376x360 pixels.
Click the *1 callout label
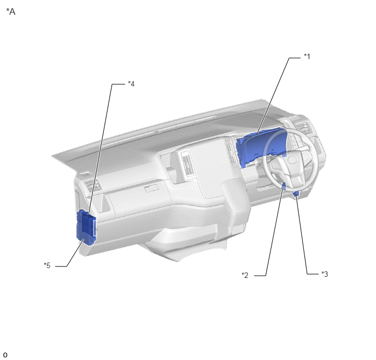click(307, 57)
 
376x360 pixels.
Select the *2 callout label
click(245, 275)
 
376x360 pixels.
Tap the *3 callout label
click(325, 274)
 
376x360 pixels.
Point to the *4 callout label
click(131, 84)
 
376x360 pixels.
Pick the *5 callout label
click(47, 265)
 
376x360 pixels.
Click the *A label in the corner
click(10, 11)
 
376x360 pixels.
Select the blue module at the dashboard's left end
click(86, 227)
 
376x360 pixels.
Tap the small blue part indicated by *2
click(284, 186)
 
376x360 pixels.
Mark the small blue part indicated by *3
click(296, 194)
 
